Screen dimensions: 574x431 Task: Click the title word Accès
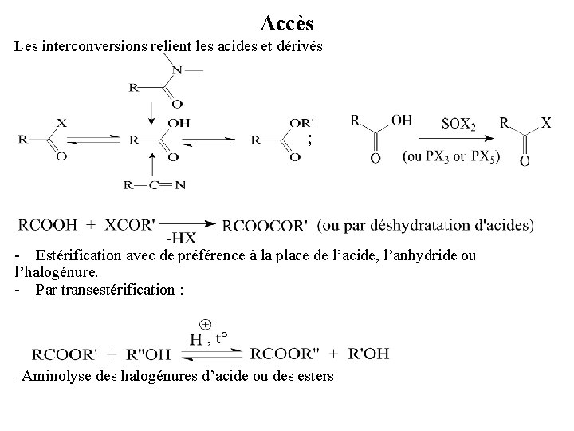click(281, 25)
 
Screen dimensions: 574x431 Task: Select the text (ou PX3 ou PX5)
click(451, 156)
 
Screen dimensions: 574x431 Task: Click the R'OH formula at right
click(369, 354)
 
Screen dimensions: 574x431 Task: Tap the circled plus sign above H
click(205, 324)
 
